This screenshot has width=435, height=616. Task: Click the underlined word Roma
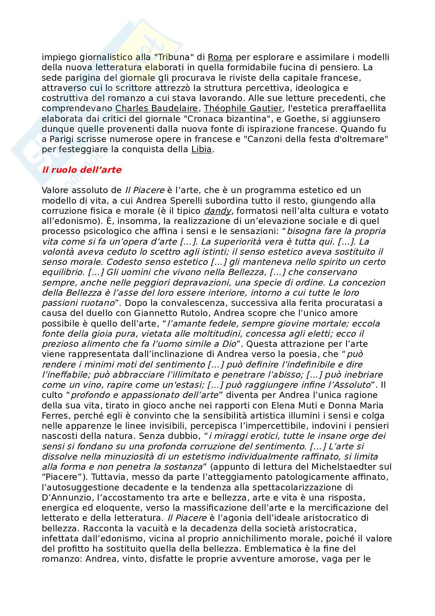[x=220, y=57]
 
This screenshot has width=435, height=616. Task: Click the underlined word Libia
[x=202, y=149]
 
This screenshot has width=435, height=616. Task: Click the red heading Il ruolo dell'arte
[x=81, y=170]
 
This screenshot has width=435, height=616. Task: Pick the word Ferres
[x=54, y=415]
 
